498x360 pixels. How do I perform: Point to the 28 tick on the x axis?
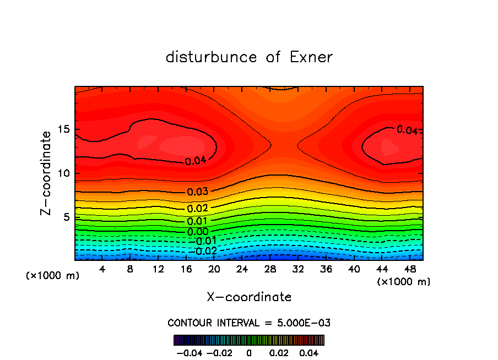coord(270,269)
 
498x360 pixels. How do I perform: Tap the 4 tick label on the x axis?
coord(102,269)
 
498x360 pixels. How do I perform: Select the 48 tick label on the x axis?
coord(410,269)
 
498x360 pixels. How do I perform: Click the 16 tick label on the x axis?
coord(186,269)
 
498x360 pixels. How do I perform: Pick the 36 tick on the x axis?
coord(326,269)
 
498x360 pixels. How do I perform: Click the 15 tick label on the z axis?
coord(63,130)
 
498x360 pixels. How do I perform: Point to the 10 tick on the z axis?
coord(63,173)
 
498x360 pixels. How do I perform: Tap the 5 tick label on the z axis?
coord(66,217)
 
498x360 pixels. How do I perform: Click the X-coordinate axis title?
coord(249,297)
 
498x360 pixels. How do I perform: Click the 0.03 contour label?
coord(198,192)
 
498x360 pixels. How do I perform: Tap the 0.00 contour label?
coord(198,232)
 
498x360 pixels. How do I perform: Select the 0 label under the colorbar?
coord(249,352)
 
